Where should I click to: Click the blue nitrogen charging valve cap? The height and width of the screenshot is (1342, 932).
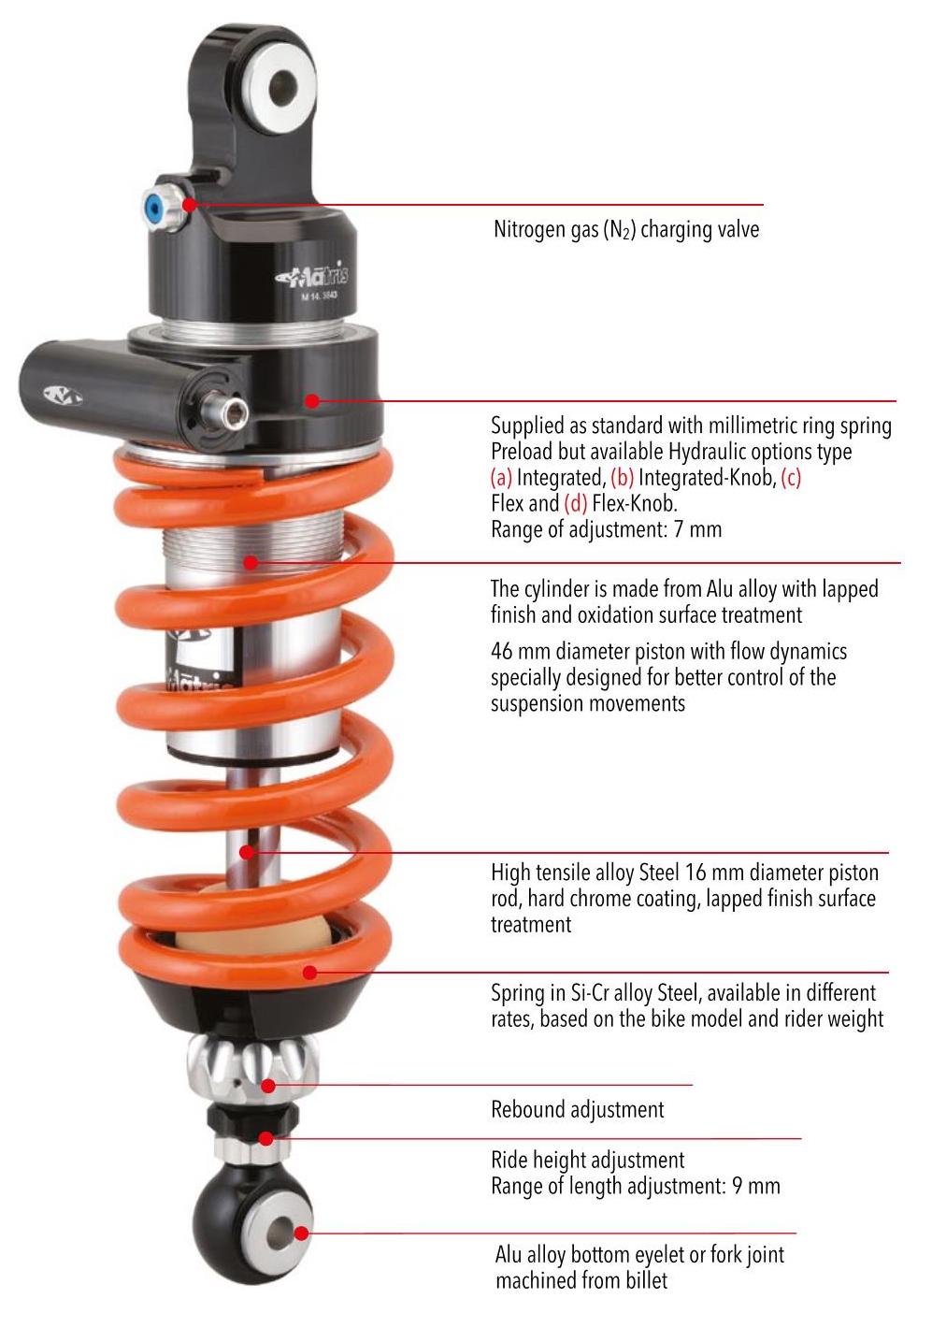(x=155, y=205)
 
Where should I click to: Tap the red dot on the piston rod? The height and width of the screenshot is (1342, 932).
(x=247, y=852)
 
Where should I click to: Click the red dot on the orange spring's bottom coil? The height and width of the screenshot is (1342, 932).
(x=309, y=973)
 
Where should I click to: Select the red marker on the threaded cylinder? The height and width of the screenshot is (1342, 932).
(x=250, y=562)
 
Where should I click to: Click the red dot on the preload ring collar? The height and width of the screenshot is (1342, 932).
(x=312, y=400)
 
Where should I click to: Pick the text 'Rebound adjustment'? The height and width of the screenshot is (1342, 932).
(x=577, y=1110)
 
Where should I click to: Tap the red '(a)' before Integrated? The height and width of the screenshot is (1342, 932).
(x=501, y=478)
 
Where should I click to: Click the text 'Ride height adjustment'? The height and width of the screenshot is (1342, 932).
(x=587, y=1161)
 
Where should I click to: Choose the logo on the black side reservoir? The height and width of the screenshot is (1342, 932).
(x=61, y=397)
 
